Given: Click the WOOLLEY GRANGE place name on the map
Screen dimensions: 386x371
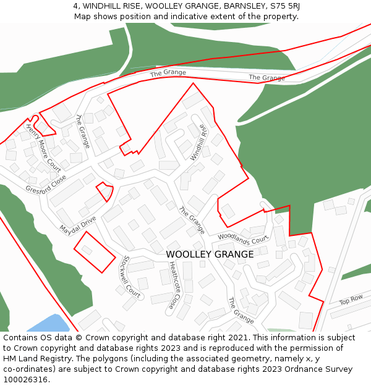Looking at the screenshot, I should coord(210,254).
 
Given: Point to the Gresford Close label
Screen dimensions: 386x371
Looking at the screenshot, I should coord(46,183).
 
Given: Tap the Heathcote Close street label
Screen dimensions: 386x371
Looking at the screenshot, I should coord(176,285).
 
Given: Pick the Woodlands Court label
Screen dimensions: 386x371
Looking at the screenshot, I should coord(244,237).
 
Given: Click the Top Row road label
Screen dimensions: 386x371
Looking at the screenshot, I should coord(351,300).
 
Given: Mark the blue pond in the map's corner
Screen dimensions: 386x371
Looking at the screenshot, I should coord(49,324).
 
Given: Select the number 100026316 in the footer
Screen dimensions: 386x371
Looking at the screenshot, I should coord(27,380).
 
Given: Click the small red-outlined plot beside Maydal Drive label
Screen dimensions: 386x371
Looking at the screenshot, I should coord(105,191).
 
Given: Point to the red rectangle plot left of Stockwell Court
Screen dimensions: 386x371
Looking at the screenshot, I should coord(94,251).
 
